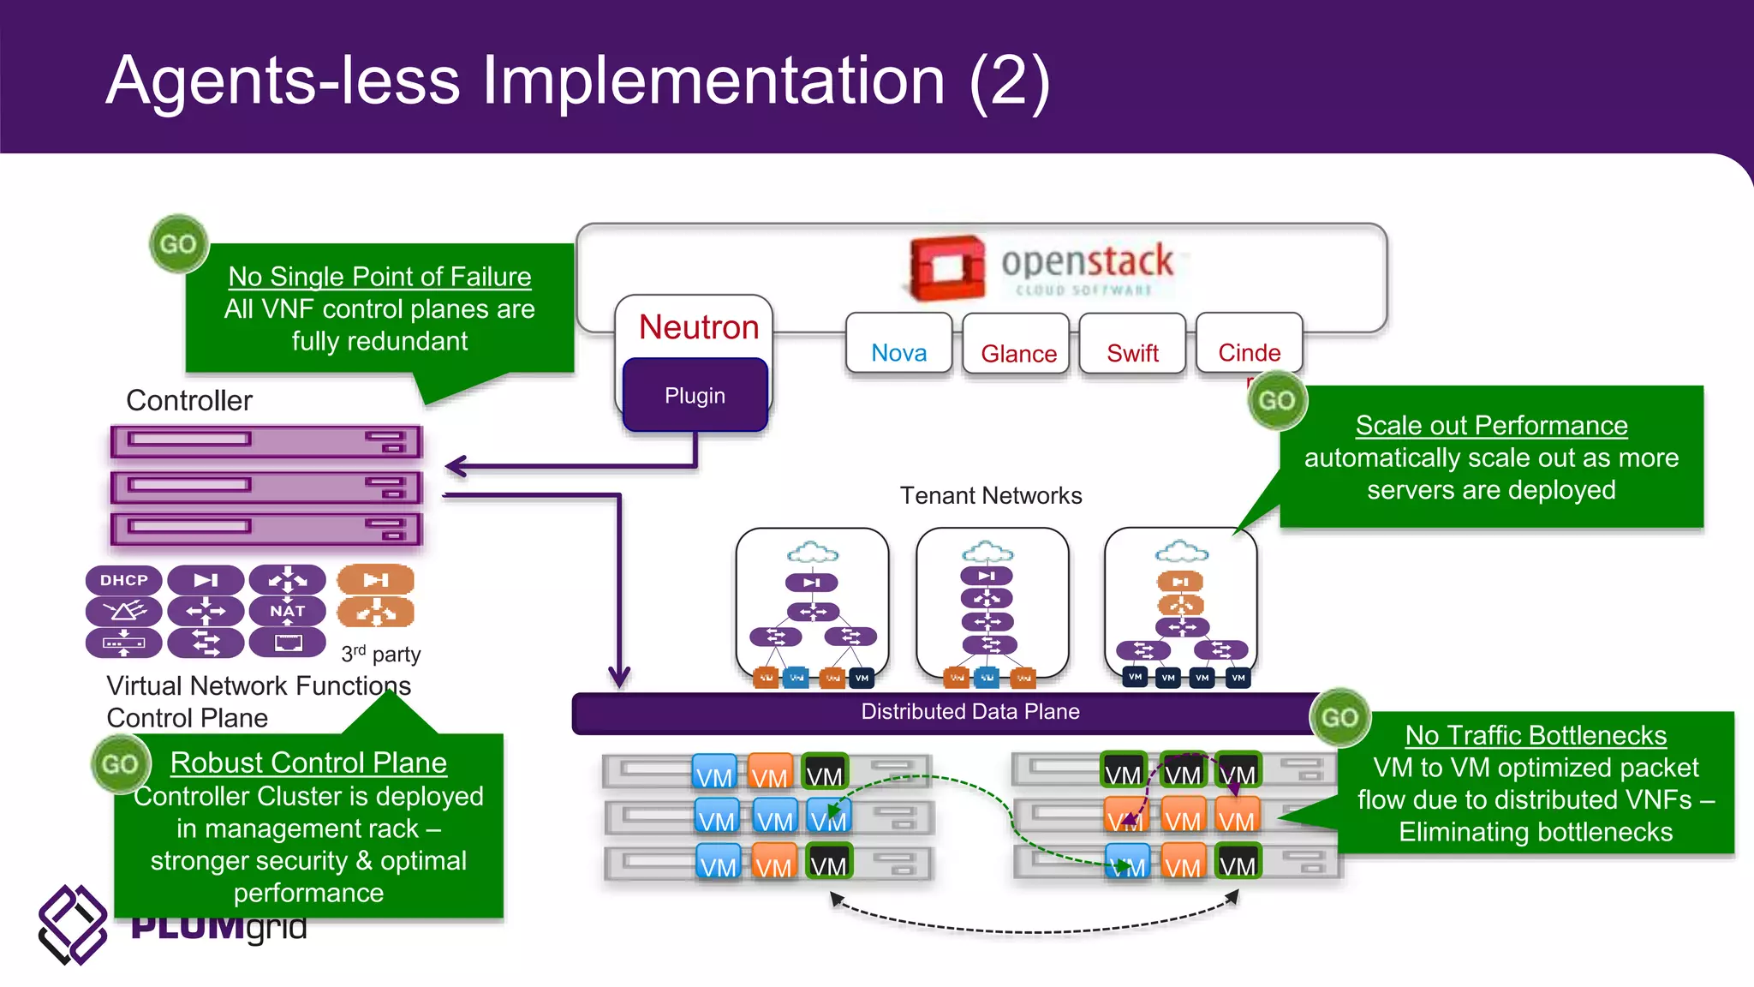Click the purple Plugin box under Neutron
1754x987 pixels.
tap(695, 395)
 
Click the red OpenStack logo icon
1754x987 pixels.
tap(947, 267)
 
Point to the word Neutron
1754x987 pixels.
tap(699, 327)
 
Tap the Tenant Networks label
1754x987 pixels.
tap(991, 495)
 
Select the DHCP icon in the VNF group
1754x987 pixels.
tap(124, 580)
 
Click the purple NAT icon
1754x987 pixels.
tap(288, 611)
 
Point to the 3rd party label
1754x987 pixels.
tap(381, 655)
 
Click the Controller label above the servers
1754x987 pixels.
tap(189, 400)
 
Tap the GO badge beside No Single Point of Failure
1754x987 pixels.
tap(178, 244)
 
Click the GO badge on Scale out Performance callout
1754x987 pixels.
tap(1276, 400)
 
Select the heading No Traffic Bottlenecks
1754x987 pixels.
tap(1536, 735)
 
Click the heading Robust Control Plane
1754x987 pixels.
tap(308, 763)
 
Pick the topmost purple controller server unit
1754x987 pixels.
tap(266, 442)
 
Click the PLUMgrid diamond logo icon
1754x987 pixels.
tap(72, 924)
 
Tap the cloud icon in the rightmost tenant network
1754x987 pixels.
tap(1181, 551)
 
